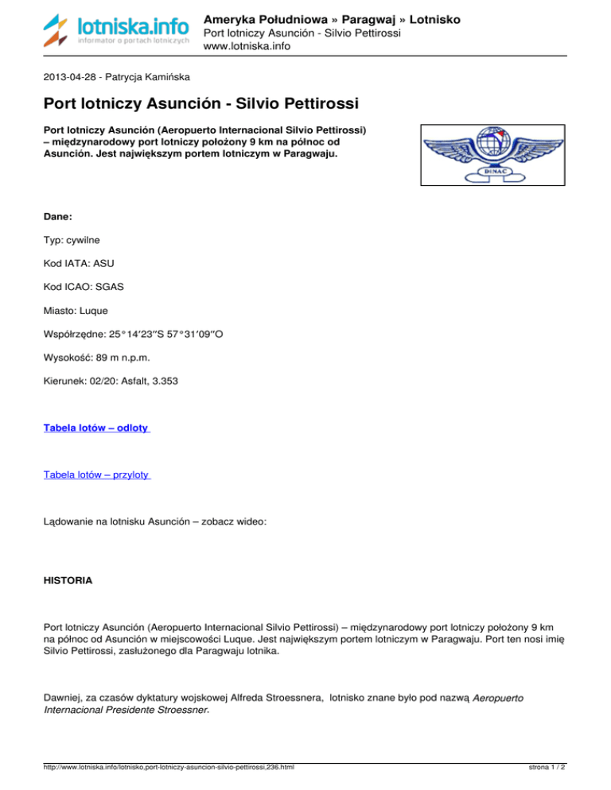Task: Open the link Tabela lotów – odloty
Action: coord(96,428)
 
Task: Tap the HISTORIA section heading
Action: coord(68,581)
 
